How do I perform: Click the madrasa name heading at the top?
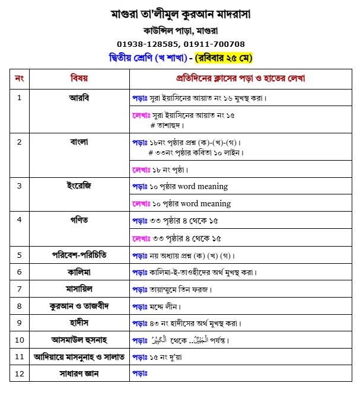point(180,13)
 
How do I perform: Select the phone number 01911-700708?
point(214,44)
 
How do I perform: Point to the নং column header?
point(19,78)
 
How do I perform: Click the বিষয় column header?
point(79,78)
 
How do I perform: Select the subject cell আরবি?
point(79,97)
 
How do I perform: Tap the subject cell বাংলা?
point(79,142)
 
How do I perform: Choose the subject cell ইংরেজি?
point(79,186)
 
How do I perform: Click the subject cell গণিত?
point(79,220)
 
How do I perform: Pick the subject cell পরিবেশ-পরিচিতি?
point(79,255)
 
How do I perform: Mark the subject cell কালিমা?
point(79,272)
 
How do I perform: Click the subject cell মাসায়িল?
point(79,289)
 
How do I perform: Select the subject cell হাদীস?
point(79,323)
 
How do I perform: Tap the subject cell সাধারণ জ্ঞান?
point(79,373)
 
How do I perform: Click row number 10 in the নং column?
point(19,340)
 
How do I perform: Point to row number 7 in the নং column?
point(19,289)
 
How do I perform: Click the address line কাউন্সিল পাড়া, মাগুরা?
point(180,30)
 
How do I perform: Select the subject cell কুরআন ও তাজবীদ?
point(79,306)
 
